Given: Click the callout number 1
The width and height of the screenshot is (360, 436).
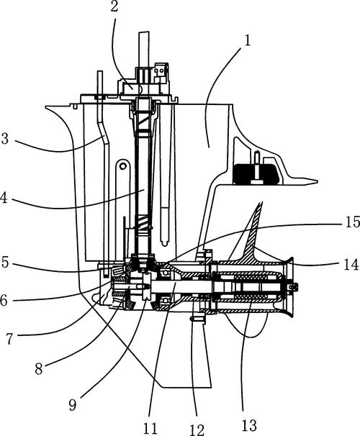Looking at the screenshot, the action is coord(247,40).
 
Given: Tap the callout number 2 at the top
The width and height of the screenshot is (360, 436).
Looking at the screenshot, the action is coord(114,6).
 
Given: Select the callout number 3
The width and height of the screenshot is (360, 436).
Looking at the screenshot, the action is coord(5,138).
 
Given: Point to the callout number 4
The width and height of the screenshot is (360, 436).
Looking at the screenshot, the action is coord(4,198).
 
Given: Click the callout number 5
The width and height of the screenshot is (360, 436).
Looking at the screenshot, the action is coord(5,263).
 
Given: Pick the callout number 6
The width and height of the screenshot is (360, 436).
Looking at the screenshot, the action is coord(4,301).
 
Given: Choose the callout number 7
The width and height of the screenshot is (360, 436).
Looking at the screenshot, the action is coord(10,339).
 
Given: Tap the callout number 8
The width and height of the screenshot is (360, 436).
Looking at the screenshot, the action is coord(39,369).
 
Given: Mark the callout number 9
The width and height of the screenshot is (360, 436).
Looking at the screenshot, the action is coord(73,405).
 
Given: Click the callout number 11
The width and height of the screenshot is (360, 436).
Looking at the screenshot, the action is coord(150,428).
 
